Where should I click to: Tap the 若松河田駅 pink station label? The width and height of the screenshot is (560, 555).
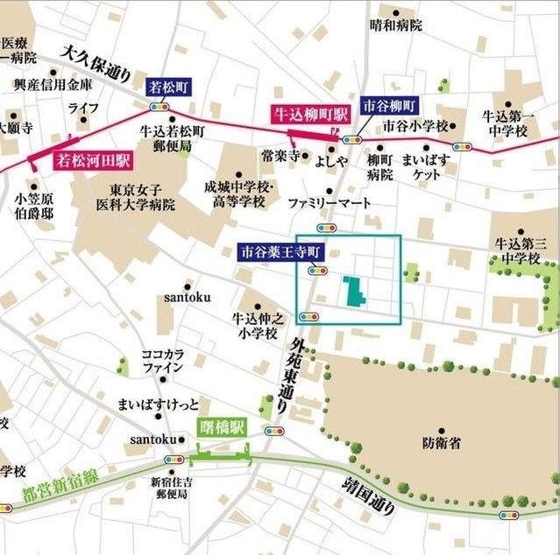pyautogui.click(x=93, y=160)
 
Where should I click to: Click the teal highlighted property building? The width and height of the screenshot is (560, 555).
pyautogui.click(x=355, y=292)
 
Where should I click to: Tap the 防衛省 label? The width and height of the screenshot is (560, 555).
pyautogui.click(x=440, y=444)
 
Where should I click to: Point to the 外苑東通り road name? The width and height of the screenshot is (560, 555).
pyautogui.click(x=293, y=373)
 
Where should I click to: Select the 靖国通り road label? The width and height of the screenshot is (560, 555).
pyautogui.click(x=363, y=495)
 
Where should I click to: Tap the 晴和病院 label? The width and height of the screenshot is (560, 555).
pyautogui.click(x=395, y=25)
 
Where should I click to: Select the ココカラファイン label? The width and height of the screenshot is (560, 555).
pyautogui.click(x=164, y=361)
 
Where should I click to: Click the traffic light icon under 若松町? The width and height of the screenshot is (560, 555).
pyautogui.click(x=159, y=106)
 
